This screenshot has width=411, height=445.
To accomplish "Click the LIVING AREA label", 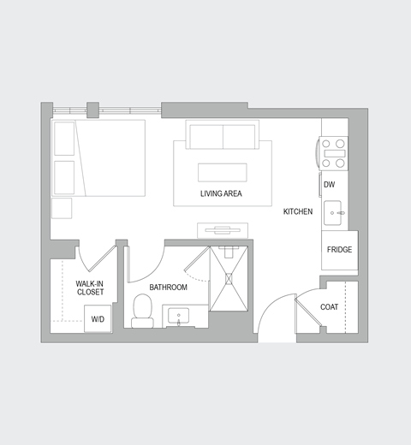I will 221,194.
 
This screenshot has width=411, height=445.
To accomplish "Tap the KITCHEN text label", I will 298,211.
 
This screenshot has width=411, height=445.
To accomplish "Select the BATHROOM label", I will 169,288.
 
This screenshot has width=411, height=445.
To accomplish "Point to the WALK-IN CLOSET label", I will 90,288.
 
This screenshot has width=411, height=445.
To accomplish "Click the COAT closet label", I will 330,307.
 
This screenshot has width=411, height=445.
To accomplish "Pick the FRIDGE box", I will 338,250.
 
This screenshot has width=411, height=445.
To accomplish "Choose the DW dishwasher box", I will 329,184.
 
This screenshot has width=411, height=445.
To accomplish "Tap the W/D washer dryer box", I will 98,319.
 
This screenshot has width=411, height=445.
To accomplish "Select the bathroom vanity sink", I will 179,316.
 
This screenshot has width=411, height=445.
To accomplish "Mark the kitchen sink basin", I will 333,213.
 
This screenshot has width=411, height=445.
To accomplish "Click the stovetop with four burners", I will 333,152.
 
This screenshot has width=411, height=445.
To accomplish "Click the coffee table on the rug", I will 222,172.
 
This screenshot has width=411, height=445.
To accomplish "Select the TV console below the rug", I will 223,230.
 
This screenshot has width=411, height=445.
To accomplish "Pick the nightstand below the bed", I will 62,209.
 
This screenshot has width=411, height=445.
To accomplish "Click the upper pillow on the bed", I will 64,139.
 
